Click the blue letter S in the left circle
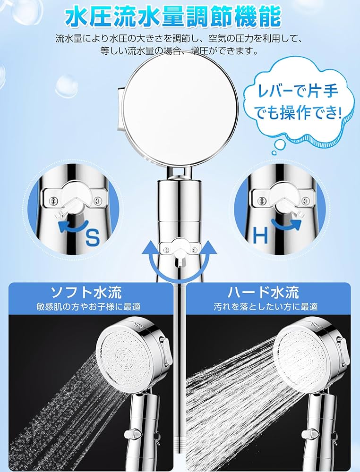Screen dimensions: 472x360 [x=93, y=236]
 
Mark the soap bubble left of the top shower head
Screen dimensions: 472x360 [x=66, y=86]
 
